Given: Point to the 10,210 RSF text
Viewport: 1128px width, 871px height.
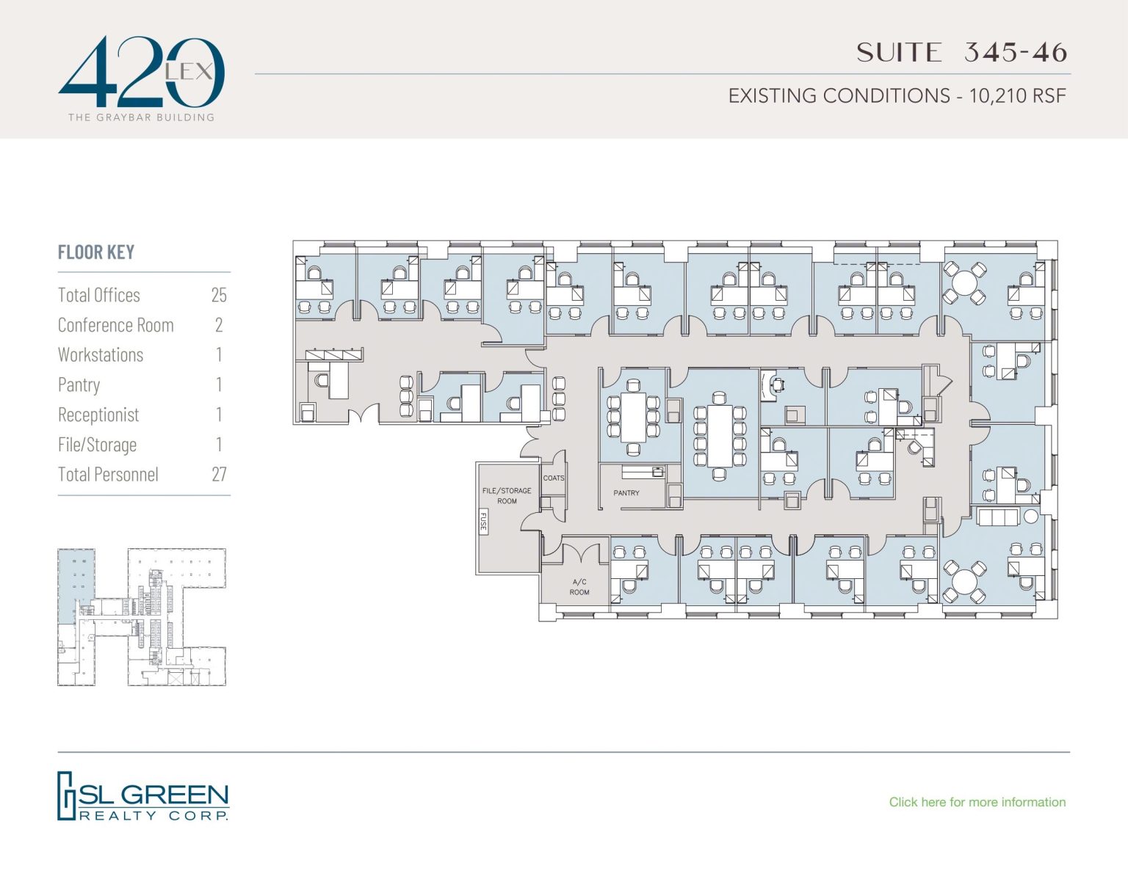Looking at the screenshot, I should click(x=1017, y=96).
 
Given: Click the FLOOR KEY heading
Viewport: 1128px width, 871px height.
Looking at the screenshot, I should click(x=96, y=252).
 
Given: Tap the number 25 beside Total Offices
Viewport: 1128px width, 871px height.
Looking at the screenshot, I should click(x=219, y=295).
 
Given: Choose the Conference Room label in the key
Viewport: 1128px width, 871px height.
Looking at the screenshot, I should click(x=116, y=325).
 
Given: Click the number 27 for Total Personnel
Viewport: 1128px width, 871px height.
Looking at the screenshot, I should click(x=219, y=475).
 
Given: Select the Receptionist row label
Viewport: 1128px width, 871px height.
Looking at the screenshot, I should click(x=98, y=415).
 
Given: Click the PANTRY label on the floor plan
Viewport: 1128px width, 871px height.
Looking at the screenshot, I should click(x=626, y=493).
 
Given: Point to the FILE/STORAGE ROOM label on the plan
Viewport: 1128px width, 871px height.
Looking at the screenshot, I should click(x=507, y=495).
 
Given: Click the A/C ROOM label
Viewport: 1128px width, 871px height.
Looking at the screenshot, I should click(x=579, y=587).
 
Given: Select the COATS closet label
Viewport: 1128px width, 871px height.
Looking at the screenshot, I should click(x=554, y=478).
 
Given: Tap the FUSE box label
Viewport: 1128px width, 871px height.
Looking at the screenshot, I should click(x=483, y=522).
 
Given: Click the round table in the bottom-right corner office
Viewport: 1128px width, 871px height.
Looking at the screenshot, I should click(x=964, y=583).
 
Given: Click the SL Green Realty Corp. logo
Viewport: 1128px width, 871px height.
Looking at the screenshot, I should click(x=143, y=796).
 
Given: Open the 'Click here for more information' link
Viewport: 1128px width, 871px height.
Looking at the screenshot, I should click(x=977, y=802).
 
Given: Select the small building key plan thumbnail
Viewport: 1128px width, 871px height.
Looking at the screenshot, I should click(x=142, y=617).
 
